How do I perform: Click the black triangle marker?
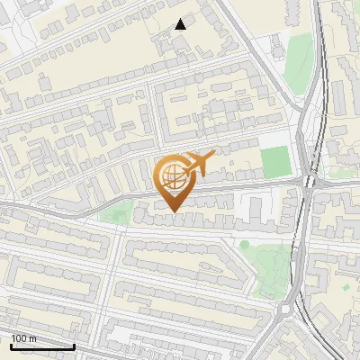tap(180, 24)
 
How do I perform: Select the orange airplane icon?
tap(200, 164)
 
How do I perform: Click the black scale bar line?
tap(42, 346)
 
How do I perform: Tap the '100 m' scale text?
tap(24, 338)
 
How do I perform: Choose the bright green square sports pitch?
tap(276, 161)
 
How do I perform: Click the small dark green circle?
tap(244, 244)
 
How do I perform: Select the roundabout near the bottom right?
tap(286, 311)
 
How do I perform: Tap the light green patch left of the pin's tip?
tap(114, 212)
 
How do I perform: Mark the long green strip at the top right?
tap(299, 63)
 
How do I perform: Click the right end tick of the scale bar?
tap(74, 346)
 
